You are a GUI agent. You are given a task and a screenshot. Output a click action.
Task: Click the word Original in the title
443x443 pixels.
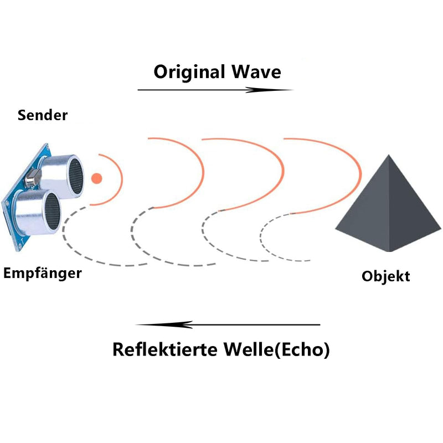coord(189,73)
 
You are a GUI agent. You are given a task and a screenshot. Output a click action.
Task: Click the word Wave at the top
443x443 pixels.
coord(256,72)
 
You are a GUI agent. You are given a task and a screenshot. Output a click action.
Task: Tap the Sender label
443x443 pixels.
coord(43,115)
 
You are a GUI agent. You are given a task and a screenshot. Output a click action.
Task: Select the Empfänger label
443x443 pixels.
coord(43,274)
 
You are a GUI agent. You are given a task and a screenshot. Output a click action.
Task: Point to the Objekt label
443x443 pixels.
coord(386,276)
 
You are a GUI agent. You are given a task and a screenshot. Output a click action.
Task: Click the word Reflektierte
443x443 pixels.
coord(164,349)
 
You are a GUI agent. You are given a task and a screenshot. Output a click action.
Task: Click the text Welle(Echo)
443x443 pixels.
coord(277,350)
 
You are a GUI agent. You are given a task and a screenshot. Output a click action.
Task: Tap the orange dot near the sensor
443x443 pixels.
coord(96,178)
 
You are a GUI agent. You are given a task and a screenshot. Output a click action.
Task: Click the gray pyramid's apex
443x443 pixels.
coord(389,155)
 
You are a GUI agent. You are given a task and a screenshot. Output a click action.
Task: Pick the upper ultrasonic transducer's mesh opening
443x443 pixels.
coord(76,176)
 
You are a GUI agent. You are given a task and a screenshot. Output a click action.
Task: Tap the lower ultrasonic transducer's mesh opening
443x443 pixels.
coord(53,212)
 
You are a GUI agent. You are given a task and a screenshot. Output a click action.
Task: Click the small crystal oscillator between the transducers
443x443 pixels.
coord(33,177)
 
